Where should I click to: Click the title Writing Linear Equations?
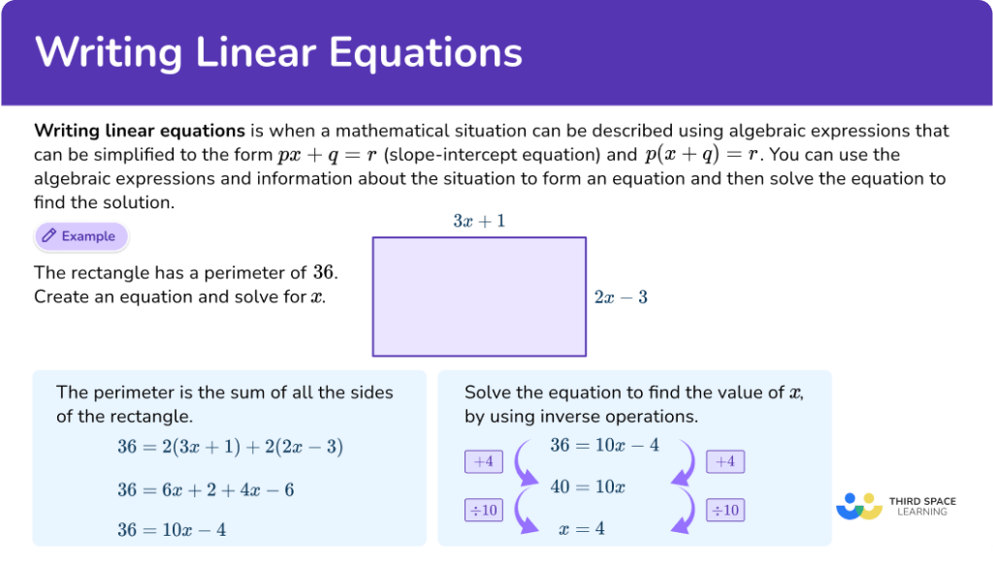tap(278, 52)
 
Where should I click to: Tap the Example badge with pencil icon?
tap(81, 236)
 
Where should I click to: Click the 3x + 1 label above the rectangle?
tap(479, 221)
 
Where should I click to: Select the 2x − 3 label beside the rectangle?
tap(621, 297)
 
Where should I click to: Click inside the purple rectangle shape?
tap(479, 297)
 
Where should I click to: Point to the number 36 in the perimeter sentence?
tap(325, 272)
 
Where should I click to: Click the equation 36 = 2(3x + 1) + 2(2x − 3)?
tap(230, 447)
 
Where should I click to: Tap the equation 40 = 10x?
tap(588, 486)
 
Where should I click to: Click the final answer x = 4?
tap(582, 529)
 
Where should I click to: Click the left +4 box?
tap(483, 462)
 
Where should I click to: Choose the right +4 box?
tap(724, 462)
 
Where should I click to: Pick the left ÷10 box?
tap(483, 509)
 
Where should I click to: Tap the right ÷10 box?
tap(724, 509)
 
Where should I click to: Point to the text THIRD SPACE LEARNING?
tap(922, 506)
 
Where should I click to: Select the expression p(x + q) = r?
tap(703, 155)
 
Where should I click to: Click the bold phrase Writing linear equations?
tap(139, 131)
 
